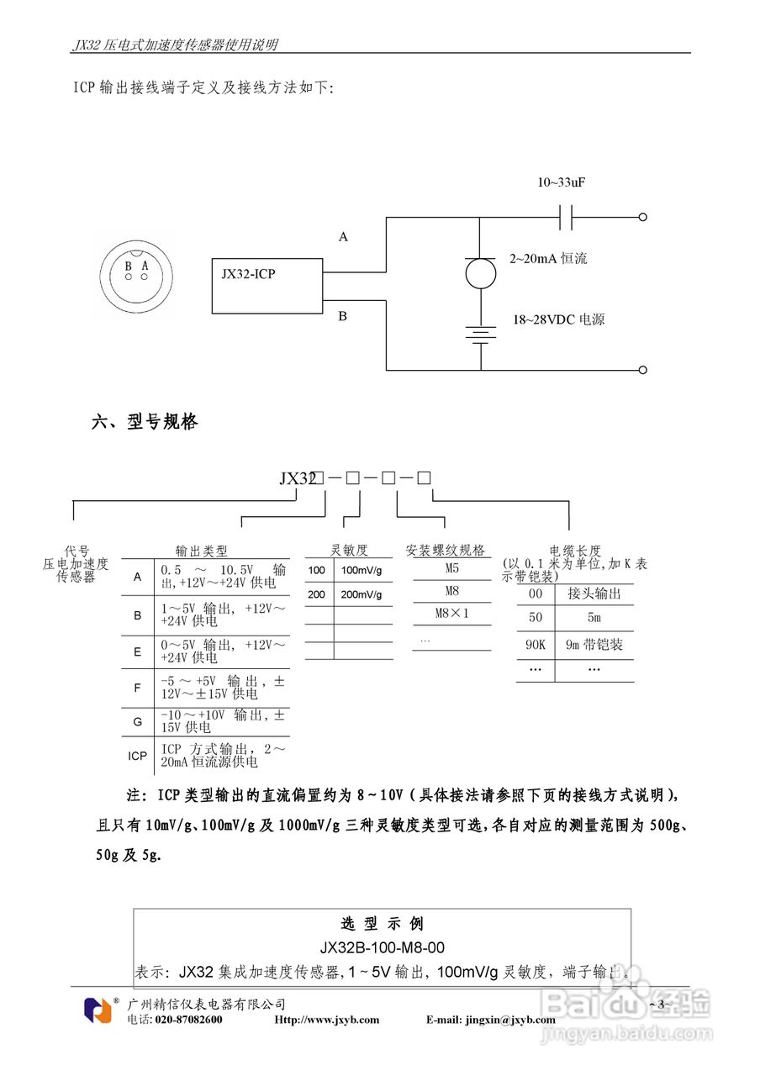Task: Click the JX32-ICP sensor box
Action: (x=267, y=286)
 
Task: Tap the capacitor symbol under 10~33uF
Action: (x=566, y=217)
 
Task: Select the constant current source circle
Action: (x=480, y=273)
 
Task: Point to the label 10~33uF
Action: (x=561, y=182)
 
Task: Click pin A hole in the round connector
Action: (x=144, y=277)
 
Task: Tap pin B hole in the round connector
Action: (x=129, y=277)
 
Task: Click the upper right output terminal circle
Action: (x=643, y=217)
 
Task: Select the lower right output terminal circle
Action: (x=643, y=369)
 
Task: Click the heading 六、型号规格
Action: (x=145, y=422)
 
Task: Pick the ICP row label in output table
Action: (x=137, y=756)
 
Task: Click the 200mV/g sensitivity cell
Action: (x=362, y=594)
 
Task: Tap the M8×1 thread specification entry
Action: (x=451, y=613)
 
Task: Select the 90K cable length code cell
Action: (x=536, y=645)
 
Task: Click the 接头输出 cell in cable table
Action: (x=594, y=593)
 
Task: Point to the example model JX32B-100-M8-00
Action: (x=383, y=947)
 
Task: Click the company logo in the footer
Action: (x=98, y=1010)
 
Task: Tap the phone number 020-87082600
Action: (x=188, y=1020)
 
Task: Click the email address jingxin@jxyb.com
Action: (x=510, y=1020)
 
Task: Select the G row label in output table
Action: (x=137, y=721)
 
